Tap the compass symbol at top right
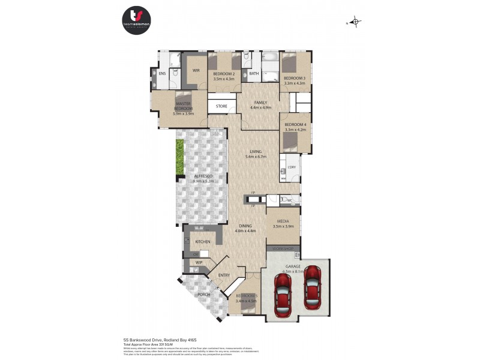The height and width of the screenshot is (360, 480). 355,23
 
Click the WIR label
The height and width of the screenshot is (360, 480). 196,70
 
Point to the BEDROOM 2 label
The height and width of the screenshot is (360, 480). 223,74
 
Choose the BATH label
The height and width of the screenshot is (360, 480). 254,74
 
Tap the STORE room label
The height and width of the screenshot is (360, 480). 221,107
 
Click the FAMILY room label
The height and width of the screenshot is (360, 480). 260,103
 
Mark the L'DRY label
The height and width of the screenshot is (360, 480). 292,167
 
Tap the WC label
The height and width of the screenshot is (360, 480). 289,200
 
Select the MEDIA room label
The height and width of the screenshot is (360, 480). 283,221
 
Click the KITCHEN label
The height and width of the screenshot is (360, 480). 202,242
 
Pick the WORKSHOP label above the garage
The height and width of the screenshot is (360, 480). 284,248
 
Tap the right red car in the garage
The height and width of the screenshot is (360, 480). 312,286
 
